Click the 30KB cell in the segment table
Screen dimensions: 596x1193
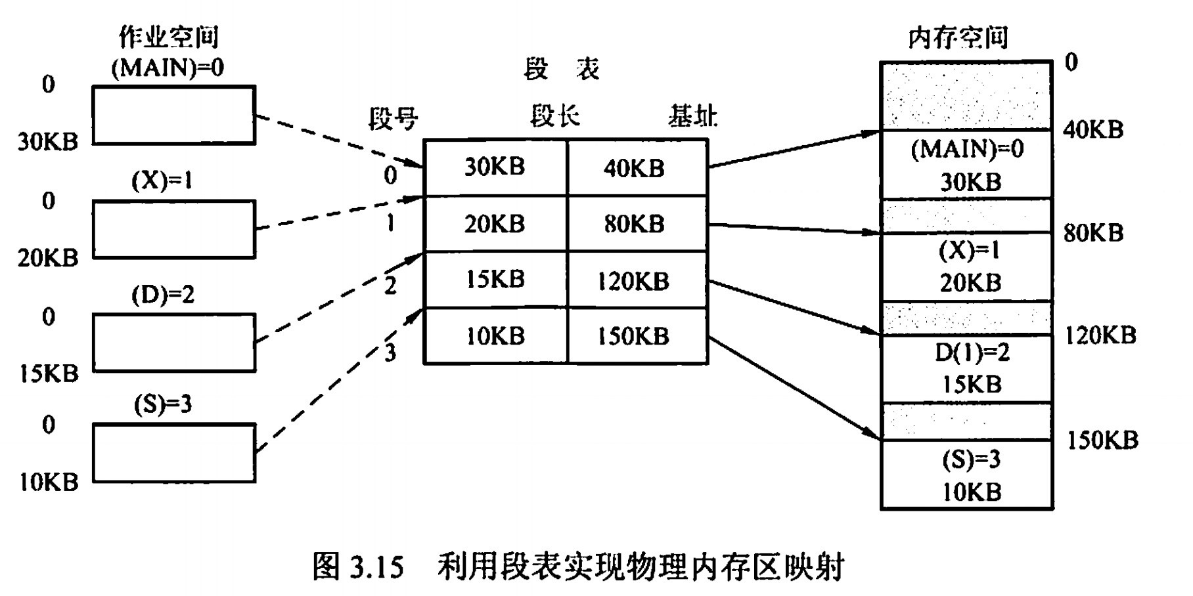495,167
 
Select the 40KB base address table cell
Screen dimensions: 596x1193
634,168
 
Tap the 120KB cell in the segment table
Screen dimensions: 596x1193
633,281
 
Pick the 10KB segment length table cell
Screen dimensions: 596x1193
495,336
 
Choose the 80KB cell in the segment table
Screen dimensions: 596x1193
634,224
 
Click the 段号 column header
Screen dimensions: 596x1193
393,119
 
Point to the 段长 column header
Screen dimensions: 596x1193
555,117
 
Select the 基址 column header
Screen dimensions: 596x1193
692,117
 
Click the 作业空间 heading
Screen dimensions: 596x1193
168,37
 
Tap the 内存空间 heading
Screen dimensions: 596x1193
958,38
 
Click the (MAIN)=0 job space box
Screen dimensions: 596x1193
173,115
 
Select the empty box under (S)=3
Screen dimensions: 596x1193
173,453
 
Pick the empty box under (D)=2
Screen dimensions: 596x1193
173,342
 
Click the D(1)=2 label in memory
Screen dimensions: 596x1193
972,352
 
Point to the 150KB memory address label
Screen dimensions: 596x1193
1102,440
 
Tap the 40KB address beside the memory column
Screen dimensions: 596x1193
1093,129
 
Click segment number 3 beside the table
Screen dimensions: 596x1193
390,352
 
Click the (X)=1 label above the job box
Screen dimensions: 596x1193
162,180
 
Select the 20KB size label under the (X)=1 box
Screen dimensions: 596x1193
48,258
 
